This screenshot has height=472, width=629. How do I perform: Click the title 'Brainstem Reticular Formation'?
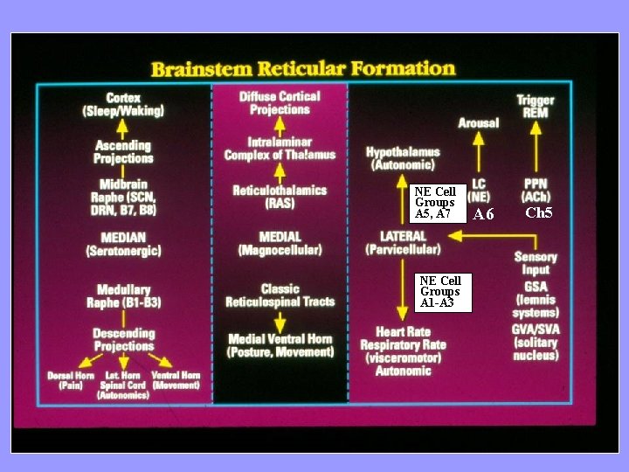[x=303, y=68]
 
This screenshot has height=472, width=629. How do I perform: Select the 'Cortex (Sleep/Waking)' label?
[x=123, y=105]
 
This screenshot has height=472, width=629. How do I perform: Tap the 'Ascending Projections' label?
[x=122, y=152]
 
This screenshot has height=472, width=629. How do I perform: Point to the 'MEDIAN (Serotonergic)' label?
[x=123, y=244]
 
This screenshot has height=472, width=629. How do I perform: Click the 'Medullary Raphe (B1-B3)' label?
[x=123, y=296]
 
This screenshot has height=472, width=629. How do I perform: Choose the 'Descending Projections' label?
[x=123, y=339]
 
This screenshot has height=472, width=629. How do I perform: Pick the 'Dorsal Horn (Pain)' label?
[x=72, y=380]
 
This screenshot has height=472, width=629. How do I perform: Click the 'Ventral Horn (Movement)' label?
[x=176, y=380]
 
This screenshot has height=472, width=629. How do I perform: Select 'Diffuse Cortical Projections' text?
[x=280, y=103]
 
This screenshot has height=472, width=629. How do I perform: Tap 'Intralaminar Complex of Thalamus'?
[x=280, y=149]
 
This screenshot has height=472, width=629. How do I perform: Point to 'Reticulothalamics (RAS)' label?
[x=280, y=197]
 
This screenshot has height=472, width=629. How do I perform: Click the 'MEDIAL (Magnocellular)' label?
[x=280, y=243]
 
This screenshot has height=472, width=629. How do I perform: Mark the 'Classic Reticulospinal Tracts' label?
[x=280, y=295]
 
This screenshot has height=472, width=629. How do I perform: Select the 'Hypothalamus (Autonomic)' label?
[x=403, y=158]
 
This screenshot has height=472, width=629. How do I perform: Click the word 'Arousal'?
[x=479, y=123]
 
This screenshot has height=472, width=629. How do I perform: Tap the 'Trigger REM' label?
[x=535, y=107]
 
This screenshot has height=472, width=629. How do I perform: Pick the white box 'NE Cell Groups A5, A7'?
[x=435, y=203]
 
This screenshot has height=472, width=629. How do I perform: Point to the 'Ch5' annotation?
[x=538, y=213]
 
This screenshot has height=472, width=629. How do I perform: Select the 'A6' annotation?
[x=483, y=215]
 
